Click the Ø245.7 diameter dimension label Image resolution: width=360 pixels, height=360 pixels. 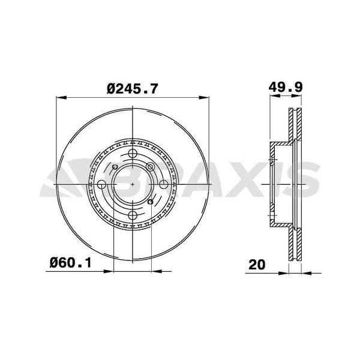click(133, 89)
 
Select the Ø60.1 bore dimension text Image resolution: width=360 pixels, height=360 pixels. click(70, 263)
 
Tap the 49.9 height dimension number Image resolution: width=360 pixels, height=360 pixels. click(286, 87)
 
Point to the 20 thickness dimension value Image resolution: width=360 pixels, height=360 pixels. click(257, 265)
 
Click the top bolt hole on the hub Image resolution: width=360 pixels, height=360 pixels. click(133, 153)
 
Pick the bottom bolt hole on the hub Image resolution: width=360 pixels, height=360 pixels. click(133, 215)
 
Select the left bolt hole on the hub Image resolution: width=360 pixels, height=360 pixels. click(101, 184)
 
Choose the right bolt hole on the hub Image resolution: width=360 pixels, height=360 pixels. click(164, 184)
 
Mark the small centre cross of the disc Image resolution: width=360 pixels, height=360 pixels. click(133, 184)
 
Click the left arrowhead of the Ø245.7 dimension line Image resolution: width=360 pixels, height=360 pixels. click(61, 98)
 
